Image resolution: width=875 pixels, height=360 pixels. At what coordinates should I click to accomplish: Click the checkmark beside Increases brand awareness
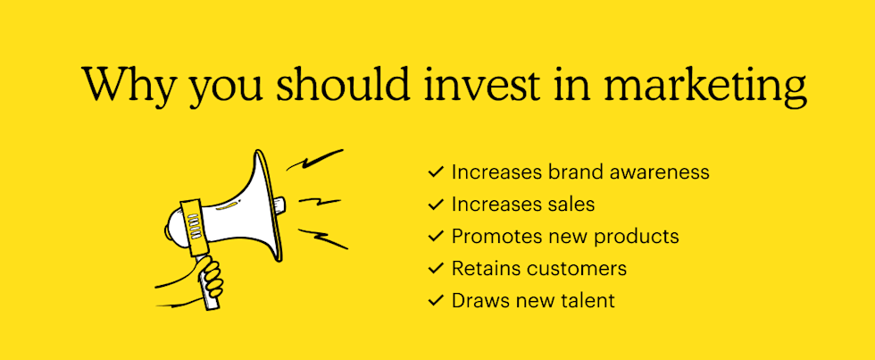pyautogui.click(x=436, y=172)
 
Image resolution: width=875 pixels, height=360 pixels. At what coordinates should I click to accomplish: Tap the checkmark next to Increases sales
pyautogui.click(x=436, y=204)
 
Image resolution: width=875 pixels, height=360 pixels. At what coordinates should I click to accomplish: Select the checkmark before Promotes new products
pyautogui.click(x=436, y=236)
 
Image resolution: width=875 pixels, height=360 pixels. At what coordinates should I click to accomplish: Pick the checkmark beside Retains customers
pyautogui.click(x=436, y=268)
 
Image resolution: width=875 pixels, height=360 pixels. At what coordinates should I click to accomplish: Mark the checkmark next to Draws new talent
pyautogui.click(x=436, y=300)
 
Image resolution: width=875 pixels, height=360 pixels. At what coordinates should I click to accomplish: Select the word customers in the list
pyautogui.click(x=577, y=268)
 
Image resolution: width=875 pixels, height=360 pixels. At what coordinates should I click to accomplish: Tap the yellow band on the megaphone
pyautogui.click(x=192, y=224)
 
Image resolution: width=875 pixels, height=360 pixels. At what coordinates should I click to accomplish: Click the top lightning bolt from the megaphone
pyautogui.click(x=313, y=162)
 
